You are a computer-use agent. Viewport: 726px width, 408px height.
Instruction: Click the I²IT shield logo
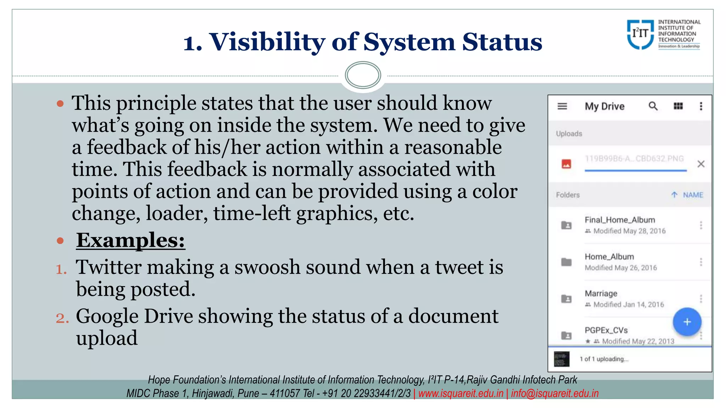pyautogui.click(x=640, y=34)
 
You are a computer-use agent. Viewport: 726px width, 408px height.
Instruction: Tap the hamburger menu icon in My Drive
pyautogui.click(x=562, y=106)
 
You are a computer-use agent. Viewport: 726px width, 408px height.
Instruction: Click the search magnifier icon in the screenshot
pyautogui.click(x=653, y=106)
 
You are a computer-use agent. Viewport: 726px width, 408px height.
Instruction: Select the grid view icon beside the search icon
pyautogui.click(x=678, y=106)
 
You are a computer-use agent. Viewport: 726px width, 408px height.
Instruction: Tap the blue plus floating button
pyautogui.click(x=687, y=322)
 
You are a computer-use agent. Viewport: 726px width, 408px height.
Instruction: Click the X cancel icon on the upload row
pyautogui.click(x=701, y=164)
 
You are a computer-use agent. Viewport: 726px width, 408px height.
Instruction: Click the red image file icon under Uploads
pyautogui.click(x=566, y=164)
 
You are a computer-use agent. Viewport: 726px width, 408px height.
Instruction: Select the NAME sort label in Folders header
pyautogui.click(x=693, y=195)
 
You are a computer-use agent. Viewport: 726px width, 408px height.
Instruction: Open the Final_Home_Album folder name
pyautogui.click(x=620, y=220)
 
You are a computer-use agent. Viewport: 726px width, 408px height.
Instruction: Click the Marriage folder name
pyautogui.click(x=601, y=294)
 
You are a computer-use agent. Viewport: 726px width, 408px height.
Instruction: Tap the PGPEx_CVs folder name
pyautogui.click(x=606, y=330)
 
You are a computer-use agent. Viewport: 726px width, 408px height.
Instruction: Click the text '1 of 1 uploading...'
pyautogui.click(x=604, y=359)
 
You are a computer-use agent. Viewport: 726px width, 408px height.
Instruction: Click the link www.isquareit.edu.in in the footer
pyautogui.click(x=461, y=393)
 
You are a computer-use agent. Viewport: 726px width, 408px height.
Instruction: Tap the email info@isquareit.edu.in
pyautogui.click(x=554, y=393)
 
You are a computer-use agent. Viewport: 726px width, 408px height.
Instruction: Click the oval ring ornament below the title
pyautogui.click(x=363, y=75)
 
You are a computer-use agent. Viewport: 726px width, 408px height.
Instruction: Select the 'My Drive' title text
pyautogui.click(x=604, y=106)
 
